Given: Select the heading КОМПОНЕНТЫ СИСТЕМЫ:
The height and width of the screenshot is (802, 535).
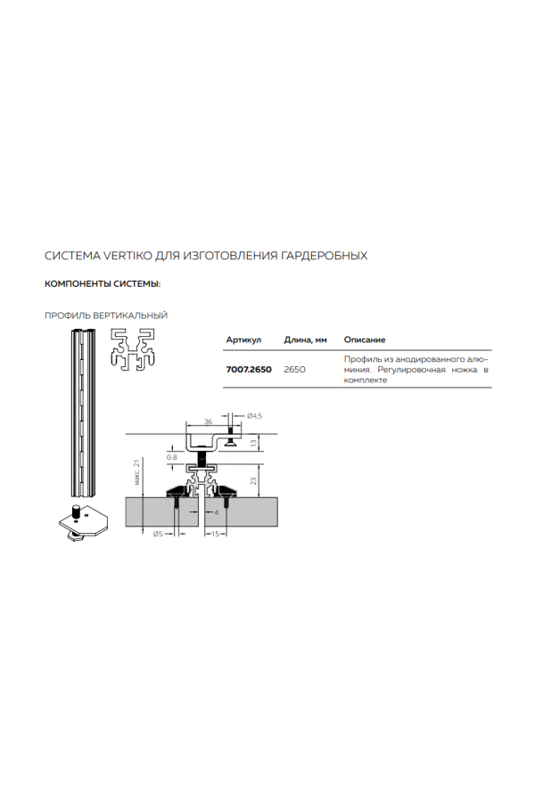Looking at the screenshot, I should coord(103,284).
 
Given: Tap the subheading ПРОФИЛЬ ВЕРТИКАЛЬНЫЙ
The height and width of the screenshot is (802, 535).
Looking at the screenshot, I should coord(106,315).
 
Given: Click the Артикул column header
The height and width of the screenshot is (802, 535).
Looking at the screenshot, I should coord(243,340).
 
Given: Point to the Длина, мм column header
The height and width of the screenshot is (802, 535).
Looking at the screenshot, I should coord(306,340).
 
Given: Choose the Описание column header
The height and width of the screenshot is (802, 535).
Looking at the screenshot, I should coord(364,340).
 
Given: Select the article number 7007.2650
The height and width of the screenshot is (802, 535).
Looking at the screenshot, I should coord(249,368).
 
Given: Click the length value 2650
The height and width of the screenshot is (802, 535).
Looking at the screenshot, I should coord(295,368).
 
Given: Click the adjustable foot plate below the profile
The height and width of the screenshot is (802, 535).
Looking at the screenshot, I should coord(80,523).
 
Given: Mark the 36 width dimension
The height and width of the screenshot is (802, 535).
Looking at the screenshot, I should coord(208,421).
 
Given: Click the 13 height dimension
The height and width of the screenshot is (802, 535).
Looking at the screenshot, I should coord(253,442).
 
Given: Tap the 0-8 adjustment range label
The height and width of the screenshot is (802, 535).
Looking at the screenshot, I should coord(171,456).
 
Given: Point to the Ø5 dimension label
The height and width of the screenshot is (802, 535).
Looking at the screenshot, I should coord(157,534).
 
